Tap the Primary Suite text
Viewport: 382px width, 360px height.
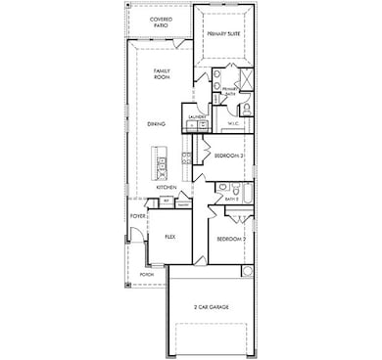[x=224, y=33]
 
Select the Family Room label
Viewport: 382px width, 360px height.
[x=162, y=74]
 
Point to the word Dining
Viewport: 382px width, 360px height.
[x=157, y=123]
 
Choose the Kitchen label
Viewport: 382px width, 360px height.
[x=166, y=187]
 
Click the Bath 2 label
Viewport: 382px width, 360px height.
[x=232, y=200]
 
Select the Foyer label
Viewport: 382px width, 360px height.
[x=138, y=215]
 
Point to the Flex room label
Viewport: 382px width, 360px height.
[x=169, y=236]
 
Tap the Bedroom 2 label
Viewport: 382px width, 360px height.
[x=229, y=239]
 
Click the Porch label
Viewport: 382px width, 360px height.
[x=146, y=275]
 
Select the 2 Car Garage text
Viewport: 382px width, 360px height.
[x=212, y=307]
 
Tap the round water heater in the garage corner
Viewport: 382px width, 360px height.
[x=247, y=271]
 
